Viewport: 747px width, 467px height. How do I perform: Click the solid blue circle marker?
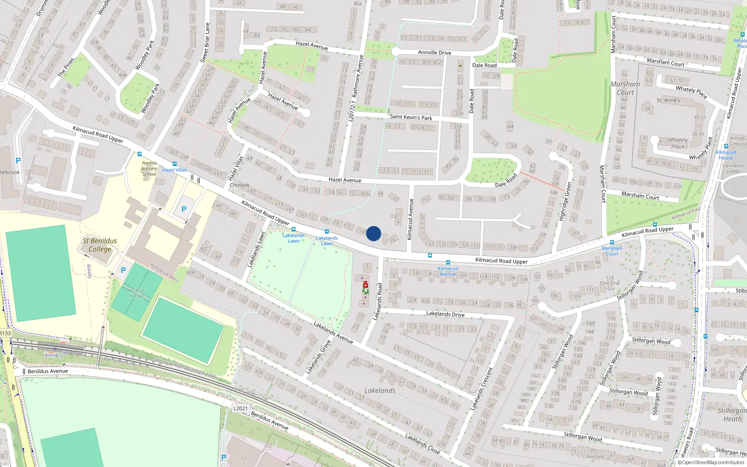(373, 233)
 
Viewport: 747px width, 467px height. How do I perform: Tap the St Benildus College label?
(100, 245)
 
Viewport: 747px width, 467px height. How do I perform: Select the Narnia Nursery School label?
(149, 169)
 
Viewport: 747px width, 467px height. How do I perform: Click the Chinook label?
(240, 185)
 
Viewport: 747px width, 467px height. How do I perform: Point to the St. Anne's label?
(668, 100)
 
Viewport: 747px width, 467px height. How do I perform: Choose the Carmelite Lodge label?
(733, 168)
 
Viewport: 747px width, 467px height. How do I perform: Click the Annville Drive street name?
(435, 53)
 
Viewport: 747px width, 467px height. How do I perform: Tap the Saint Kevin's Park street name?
(411, 117)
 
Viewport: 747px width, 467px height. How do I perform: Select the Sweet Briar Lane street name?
(205, 42)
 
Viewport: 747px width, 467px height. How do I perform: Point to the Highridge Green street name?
(565, 202)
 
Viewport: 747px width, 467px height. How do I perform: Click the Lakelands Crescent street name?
(482, 389)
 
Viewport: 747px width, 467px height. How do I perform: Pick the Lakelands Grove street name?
(318, 357)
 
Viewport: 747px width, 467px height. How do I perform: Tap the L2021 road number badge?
(240, 408)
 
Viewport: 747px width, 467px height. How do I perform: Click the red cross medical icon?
(366, 285)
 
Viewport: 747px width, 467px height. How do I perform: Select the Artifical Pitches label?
(137, 293)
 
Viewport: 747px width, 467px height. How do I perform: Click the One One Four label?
(610, 283)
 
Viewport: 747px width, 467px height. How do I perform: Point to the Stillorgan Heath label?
(732, 415)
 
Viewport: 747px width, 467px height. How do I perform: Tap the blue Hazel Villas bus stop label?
(175, 170)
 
